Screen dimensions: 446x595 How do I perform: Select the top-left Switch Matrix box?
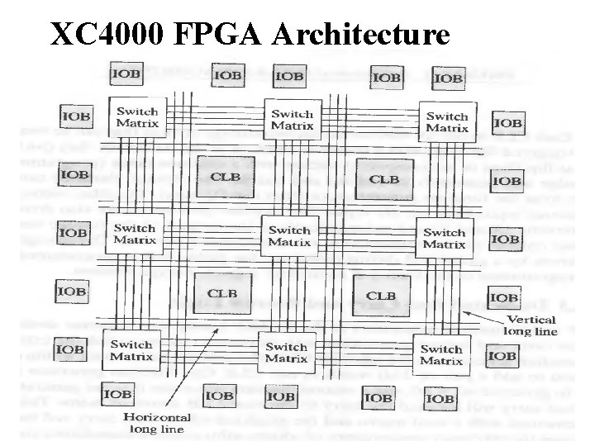[x=137, y=116]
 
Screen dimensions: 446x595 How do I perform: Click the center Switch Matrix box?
[x=289, y=235]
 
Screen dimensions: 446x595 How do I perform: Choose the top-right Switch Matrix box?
[x=447, y=121]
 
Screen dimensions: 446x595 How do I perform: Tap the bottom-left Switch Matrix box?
[x=131, y=349]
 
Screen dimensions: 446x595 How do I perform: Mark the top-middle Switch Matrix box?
[x=292, y=119]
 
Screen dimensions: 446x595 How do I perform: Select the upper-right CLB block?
[x=383, y=178]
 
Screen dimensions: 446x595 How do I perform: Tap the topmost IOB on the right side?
[x=507, y=123]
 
